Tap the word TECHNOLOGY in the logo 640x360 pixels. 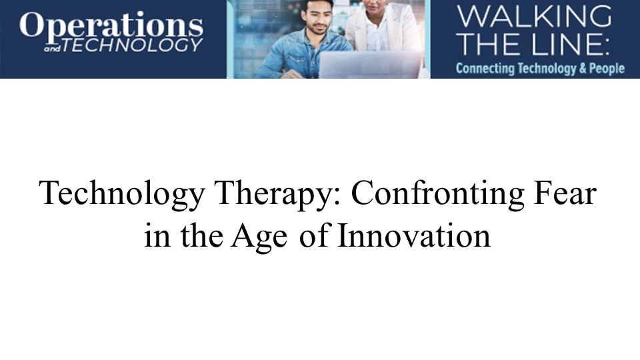(x=132, y=45)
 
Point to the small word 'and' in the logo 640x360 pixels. (x=52, y=49)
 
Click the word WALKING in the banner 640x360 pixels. (x=534, y=16)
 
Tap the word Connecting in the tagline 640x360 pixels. (x=485, y=68)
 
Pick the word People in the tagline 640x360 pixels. (x=607, y=69)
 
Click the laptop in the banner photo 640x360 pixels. (x=370, y=65)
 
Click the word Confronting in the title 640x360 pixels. (x=437, y=193)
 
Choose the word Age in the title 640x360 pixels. (x=259, y=236)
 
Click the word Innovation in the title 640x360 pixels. (x=414, y=235)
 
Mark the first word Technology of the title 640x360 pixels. (x=121, y=193)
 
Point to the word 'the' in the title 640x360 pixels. (x=201, y=235)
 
